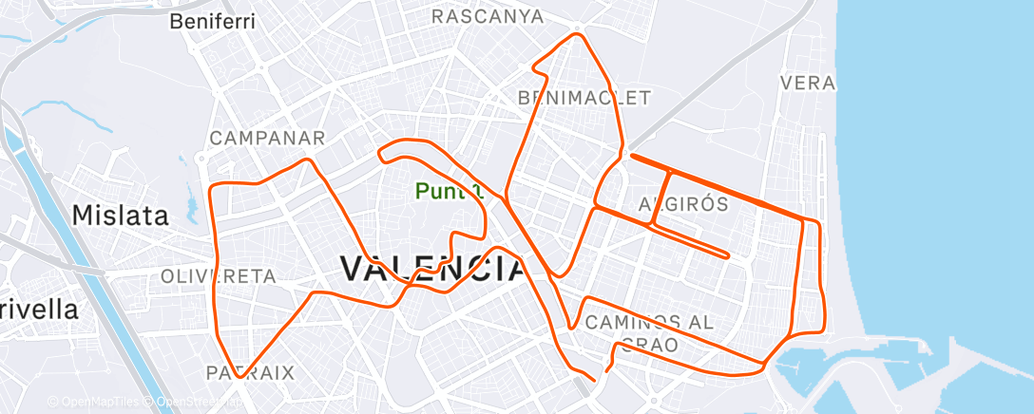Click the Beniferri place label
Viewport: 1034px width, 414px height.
[x=213, y=21]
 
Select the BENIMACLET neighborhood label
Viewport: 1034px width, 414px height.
[x=584, y=98]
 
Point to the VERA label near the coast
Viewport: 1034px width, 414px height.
[x=807, y=83]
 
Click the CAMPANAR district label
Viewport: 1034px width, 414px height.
[x=267, y=138]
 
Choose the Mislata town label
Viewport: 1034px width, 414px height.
[x=121, y=215]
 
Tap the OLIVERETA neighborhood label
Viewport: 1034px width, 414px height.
[x=219, y=276]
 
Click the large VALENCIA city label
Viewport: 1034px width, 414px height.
[x=432, y=269]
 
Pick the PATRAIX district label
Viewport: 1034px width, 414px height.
[x=251, y=371]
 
